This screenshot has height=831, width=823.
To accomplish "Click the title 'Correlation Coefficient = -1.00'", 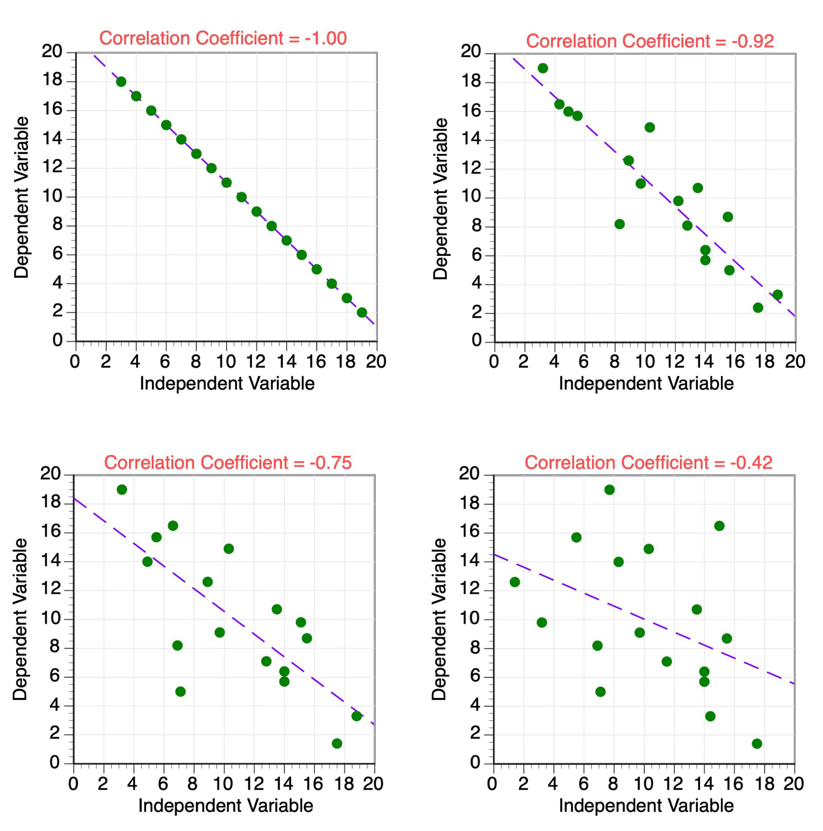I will click(223, 38).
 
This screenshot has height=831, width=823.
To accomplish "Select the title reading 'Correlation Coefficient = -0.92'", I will click(650, 41).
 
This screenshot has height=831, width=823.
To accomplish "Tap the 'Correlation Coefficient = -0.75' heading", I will click(228, 463).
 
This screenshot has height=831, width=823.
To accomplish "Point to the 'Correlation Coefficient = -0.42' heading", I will click(649, 463).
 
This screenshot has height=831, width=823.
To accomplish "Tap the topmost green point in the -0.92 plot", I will click(543, 69).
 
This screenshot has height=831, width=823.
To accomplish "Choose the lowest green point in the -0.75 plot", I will click(337, 744).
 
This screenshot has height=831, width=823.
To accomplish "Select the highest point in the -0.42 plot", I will click(609, 490).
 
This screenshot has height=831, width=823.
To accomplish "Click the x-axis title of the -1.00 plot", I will click(227, 383).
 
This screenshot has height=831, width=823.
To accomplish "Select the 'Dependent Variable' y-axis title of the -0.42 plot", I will click(440, 619).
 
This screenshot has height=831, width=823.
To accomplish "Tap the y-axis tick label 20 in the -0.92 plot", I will click(471, 52).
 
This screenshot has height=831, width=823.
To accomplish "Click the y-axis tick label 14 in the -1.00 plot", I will click(52, 139).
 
